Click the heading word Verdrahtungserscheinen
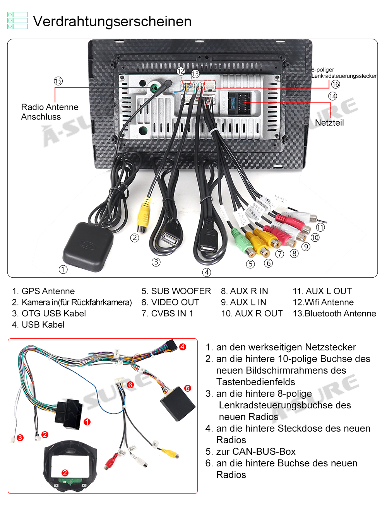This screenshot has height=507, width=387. pos(112,22)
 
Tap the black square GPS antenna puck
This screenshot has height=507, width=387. pos(88,246)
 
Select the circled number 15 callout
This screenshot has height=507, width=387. pos(58,81)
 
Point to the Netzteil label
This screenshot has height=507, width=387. pos(329,123)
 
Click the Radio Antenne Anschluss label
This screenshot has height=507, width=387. pos(50,112)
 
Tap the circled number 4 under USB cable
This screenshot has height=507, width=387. pos(207,272)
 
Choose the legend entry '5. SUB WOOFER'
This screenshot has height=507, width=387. pos(176,291)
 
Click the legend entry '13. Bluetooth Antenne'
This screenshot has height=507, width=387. pos(334,314)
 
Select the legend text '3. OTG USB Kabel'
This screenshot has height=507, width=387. pos(49,314)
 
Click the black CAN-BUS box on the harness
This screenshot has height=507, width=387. pos(178,403)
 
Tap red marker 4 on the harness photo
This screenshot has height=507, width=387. pos(183,347)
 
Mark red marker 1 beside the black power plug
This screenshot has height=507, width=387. pos(87,422)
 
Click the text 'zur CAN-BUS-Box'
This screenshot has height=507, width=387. pos(256,452)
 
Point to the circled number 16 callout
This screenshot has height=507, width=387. pos(336,84)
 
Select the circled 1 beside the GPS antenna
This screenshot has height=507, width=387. pos(63,270)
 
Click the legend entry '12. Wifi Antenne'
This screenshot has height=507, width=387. pos(324,302)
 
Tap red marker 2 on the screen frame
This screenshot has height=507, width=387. pos(65,473)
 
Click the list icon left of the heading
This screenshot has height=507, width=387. pos(17,20)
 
